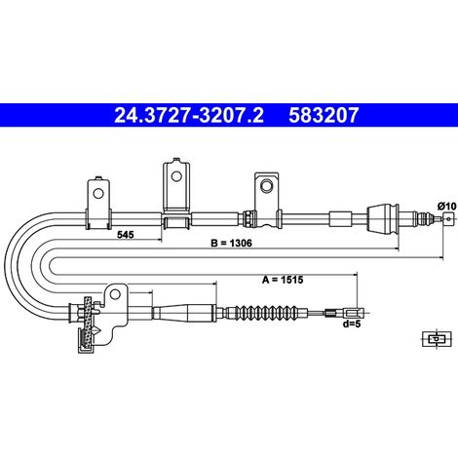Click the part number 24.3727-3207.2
coord(189,115)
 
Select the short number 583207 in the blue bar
coord(324,115)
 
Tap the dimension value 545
coord(126,234)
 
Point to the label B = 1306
coord(231,243)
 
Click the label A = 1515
coord(283,280)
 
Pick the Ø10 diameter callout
coord(447,206)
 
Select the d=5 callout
coord(352,324)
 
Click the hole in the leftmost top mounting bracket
coord(98,194)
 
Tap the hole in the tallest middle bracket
coord(176,176)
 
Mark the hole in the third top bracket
coord(267,186)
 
